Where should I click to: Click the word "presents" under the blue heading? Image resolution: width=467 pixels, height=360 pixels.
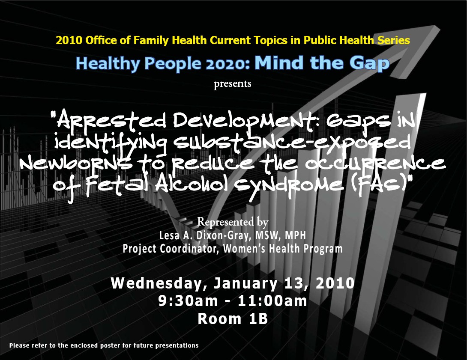coord(232,84)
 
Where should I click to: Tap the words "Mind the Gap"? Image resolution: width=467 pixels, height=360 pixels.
coord(322,63)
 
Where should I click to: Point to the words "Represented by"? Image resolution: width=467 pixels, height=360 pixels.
coord(233,222)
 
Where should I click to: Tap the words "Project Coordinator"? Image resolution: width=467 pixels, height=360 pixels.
coord(171,248)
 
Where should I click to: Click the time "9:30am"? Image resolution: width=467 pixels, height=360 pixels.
coord(188,301)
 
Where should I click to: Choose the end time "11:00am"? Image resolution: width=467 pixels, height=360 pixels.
coord(272,301)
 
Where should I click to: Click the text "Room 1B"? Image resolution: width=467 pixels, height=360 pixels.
coord(233,318)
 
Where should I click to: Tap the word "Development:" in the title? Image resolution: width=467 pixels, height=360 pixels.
coord(246,121)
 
